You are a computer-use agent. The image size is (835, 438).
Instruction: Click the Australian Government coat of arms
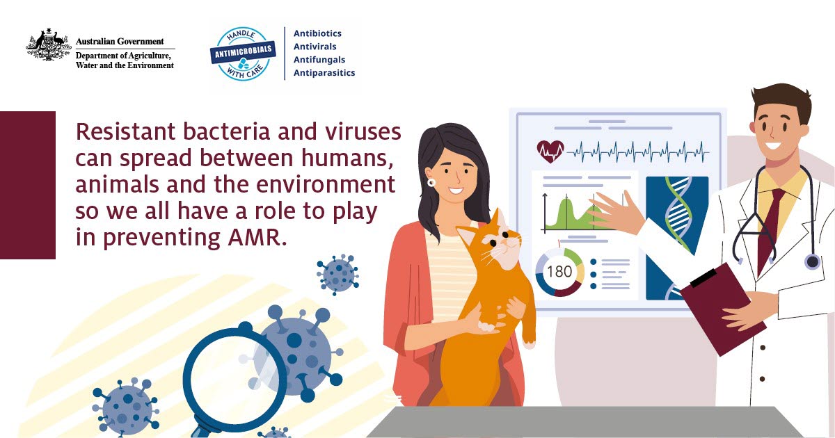[49, 44]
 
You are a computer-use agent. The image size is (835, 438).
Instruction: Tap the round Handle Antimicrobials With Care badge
[243, 54]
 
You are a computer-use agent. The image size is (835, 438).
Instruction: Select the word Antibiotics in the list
[317, 33]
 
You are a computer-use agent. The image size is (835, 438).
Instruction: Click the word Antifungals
[319, 60]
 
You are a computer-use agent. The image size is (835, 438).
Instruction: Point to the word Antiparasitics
[324, 72]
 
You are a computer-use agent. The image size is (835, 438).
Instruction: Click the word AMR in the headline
[257, 237]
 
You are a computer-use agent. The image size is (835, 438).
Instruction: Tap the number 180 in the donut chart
[559, 272]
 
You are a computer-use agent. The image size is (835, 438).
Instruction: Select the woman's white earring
[431, 182]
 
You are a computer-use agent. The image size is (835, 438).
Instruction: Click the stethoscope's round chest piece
[812, 261]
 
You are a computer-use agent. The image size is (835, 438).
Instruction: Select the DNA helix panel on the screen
[677, 238]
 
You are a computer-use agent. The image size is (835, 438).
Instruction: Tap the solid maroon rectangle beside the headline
[28, 185]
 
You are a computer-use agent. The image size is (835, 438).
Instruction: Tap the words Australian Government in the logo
[120, 41]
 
